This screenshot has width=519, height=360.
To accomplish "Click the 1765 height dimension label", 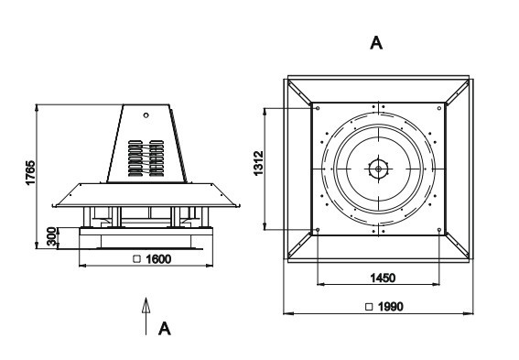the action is point(30,172).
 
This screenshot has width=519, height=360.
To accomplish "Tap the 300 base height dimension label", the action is point(51,236).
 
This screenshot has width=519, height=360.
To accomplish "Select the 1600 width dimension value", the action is point(158,259).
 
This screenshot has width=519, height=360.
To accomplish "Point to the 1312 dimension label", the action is point(258,163).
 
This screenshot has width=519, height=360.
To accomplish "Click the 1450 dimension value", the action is point(383,278).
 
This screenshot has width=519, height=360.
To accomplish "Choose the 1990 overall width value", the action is point(391,307).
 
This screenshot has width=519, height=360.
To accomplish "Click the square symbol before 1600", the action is point(136,259).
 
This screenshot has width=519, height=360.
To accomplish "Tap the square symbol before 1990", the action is point(369,307).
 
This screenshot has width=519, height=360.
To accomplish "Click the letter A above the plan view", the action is point(376,43).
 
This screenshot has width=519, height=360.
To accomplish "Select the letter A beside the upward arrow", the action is point(165,329).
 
